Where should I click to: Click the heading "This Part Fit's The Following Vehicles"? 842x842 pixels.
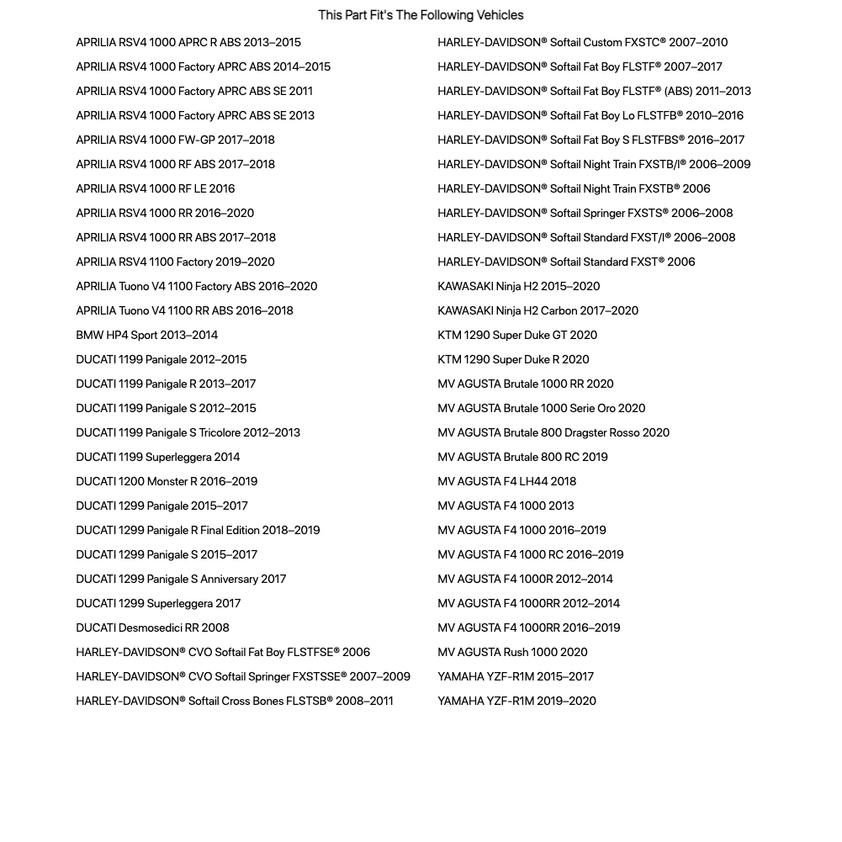(421, 15)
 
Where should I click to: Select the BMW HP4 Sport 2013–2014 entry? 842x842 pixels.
(146, 335)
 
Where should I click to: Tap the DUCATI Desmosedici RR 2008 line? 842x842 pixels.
(152, 628)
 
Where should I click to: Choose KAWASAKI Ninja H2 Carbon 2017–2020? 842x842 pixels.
(538, 310)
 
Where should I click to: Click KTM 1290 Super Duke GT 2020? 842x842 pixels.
(517, 335)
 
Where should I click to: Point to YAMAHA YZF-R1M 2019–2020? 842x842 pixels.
(516, 701)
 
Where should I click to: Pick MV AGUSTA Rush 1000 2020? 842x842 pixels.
(512, 652)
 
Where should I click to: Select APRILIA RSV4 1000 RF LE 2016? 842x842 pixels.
(155, 188)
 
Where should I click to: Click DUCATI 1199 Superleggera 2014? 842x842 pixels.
(157, 457)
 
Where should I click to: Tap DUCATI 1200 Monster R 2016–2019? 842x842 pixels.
(167, 481)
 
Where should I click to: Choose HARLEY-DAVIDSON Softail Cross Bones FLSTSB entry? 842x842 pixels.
(234, 701)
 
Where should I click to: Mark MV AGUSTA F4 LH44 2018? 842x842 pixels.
(506, 481)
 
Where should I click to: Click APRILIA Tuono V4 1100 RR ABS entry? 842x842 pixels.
(184, 310)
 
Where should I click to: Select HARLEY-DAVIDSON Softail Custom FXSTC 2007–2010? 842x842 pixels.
(582, 42)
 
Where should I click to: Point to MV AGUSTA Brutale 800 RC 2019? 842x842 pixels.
(522, 457)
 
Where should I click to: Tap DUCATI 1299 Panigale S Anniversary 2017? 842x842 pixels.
(181, 579)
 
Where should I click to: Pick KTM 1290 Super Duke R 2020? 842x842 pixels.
(513, 359)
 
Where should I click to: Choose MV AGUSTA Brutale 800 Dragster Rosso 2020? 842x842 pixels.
(553, 432)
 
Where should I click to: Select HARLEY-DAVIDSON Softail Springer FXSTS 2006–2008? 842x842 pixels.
(585, 213)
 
